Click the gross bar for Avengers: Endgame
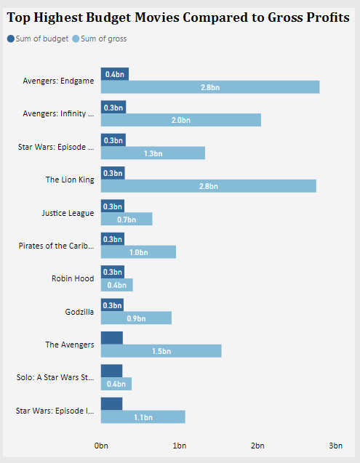[210, 87]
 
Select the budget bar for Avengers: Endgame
[115, 74]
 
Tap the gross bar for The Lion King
[209, 186]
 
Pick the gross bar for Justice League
[127, 219]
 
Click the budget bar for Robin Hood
[113, 272]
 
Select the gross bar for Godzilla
[137, 318]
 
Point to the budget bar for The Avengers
[112, 338]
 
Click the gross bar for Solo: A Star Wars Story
[116, 384]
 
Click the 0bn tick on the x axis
[102, 445]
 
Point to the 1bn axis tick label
[179, 445]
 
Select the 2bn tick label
[257, 445]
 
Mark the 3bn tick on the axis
[335, 445]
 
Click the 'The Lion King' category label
[70, 180]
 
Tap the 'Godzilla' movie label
[79, 312]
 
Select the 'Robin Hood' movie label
[73, 278]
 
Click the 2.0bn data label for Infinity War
[180, 121]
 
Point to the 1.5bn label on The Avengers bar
[161, 351]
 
